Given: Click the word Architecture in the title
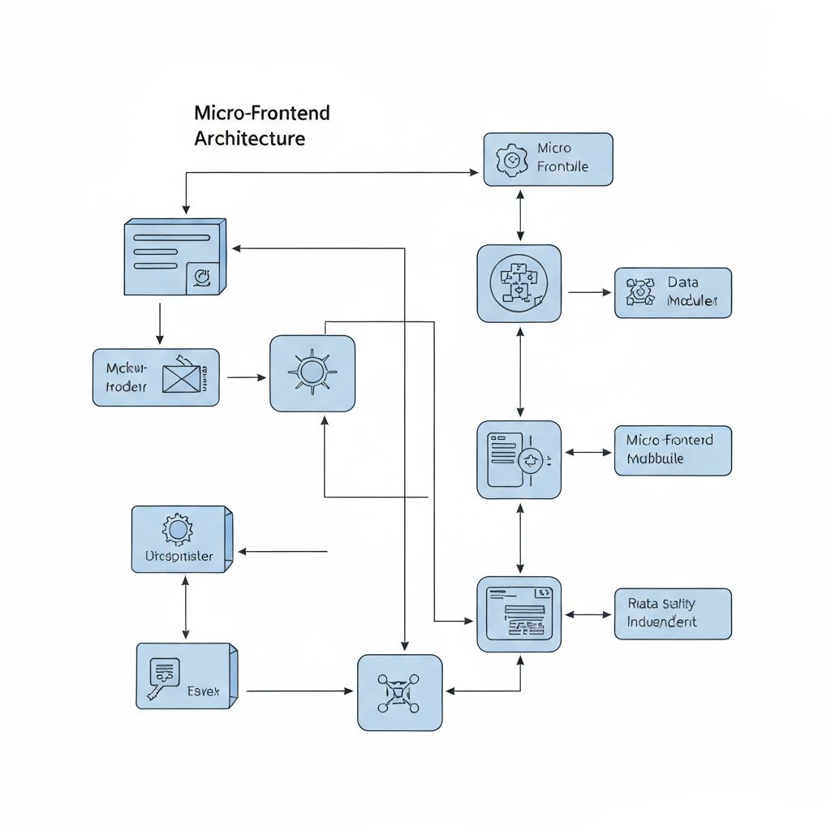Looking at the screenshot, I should (x=250, y=138).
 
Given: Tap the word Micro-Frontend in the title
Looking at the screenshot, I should (x=262, y=112).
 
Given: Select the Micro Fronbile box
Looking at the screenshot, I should (x=548, y=159).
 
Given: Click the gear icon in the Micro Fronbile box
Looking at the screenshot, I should (x=510, y=160).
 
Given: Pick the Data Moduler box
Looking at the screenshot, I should (x=673, y=292).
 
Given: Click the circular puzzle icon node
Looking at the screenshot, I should (x=519, y=283).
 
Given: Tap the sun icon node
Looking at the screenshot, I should (x=312, y=372).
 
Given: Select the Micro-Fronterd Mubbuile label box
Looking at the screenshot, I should (x=673, y=450).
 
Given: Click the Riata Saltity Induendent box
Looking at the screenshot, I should (x=673, y=614).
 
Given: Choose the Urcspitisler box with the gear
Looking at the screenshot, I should (x=182, y=540).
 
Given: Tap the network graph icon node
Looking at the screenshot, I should (x=400, y=692).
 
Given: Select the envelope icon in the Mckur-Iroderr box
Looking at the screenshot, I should (x=181, y=378).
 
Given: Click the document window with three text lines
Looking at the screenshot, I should (x=174, y=256).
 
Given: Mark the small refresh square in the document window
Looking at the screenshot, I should (x=202, y=278).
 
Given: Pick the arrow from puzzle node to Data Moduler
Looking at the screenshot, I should (x=589, y=292).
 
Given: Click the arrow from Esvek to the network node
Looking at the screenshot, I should (x=299, y=691).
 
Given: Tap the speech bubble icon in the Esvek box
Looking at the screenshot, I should (x=163, y=672).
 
